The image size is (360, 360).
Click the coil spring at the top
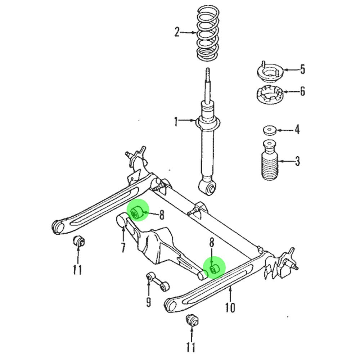pyautogui.click(x=208, y=33)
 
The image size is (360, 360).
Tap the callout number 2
pyautogui.click(x=176, y=32)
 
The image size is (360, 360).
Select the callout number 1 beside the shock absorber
pyautogui.click(x=176, y=121)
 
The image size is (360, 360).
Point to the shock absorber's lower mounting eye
pyautogui.click(x=208, y=187)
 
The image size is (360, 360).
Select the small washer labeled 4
pyautogui.click(x=270, y=130)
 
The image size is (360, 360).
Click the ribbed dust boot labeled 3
pyautogui.click(x=270, y=160)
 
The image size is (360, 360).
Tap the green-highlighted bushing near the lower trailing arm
pyautogui.click(x=215, y=269)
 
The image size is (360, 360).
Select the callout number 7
pyautogui.click(x=123, y=248)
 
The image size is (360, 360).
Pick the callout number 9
pyautogui.click(x=149, y=302)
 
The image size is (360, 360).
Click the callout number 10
pyautogui.click(x=230, y=307)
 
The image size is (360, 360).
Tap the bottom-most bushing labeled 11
pyautogui.click(x=192, y=320)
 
